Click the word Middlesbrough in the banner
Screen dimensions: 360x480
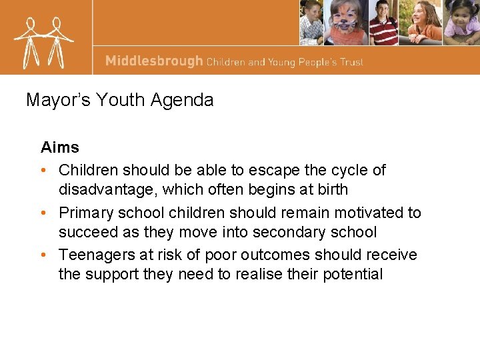(153, 61)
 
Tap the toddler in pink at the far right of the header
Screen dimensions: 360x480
(462, 22)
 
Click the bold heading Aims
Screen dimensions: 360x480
(60, 147)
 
